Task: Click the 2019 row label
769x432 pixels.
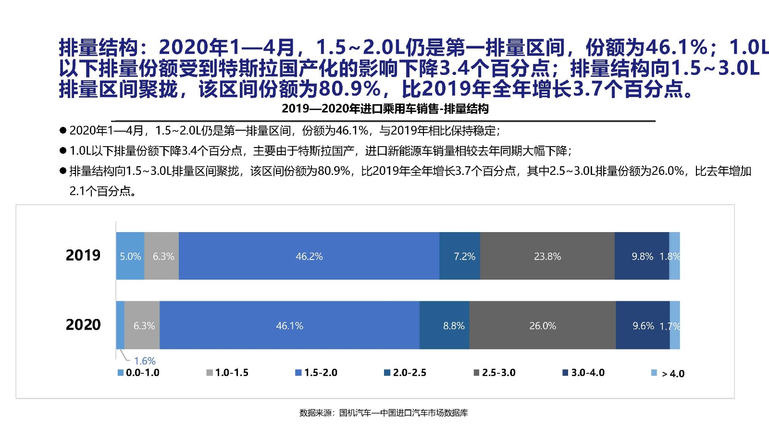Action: (x=83, y=255)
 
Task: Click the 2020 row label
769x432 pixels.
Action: (x=83, y=325)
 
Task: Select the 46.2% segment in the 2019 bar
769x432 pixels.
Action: (x=309, y=256)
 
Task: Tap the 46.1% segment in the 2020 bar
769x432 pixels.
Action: (x=289, y=325)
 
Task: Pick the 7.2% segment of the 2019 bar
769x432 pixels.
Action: (x=460, y=256)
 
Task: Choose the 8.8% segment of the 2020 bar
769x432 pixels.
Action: (x=445, y=325)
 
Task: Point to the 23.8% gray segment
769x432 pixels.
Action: (x=547, y=256)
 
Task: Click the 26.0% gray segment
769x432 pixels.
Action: (x=543, y=325)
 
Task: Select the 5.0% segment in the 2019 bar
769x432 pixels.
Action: (x=130, y=256)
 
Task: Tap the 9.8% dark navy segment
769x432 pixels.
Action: (x=642, y=256)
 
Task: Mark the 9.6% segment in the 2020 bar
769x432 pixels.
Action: (x=643, y=325)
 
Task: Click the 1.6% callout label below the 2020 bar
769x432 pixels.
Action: (x=145, y=361)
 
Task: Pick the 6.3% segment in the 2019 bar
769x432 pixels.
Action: (x=162, y=256)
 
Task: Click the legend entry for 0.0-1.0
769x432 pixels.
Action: (x=139, y=373)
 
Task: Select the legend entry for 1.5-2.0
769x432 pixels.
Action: (x=317, y=373)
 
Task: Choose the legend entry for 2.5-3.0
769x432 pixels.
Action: (x=495, y=373)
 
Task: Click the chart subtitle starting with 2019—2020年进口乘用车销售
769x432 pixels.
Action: (x=385, y=109)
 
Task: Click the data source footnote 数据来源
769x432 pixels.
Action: (x=384, y=413)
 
